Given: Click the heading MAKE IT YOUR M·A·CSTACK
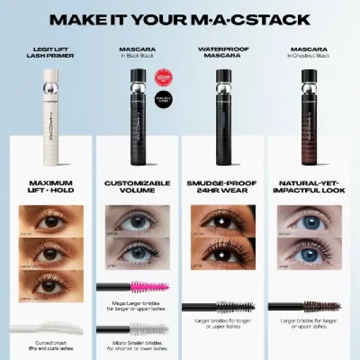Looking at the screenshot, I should pyautogui.click(x=180, y=18).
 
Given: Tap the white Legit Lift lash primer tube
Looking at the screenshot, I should pyautogui.click(x=51, y=105).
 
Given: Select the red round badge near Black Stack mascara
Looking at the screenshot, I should pyautogui.click(x=162, y=78).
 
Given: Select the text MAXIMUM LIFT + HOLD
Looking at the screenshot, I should pyautogui.click(x=51, y=186).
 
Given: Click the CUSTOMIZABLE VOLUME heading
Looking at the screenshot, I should pyautogui.click(x=137, y=186).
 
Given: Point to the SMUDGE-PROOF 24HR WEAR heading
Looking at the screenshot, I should pyautogui.click(x=223, y=186).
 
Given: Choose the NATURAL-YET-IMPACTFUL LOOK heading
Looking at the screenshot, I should pyautogui.click(x=308, y=186).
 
